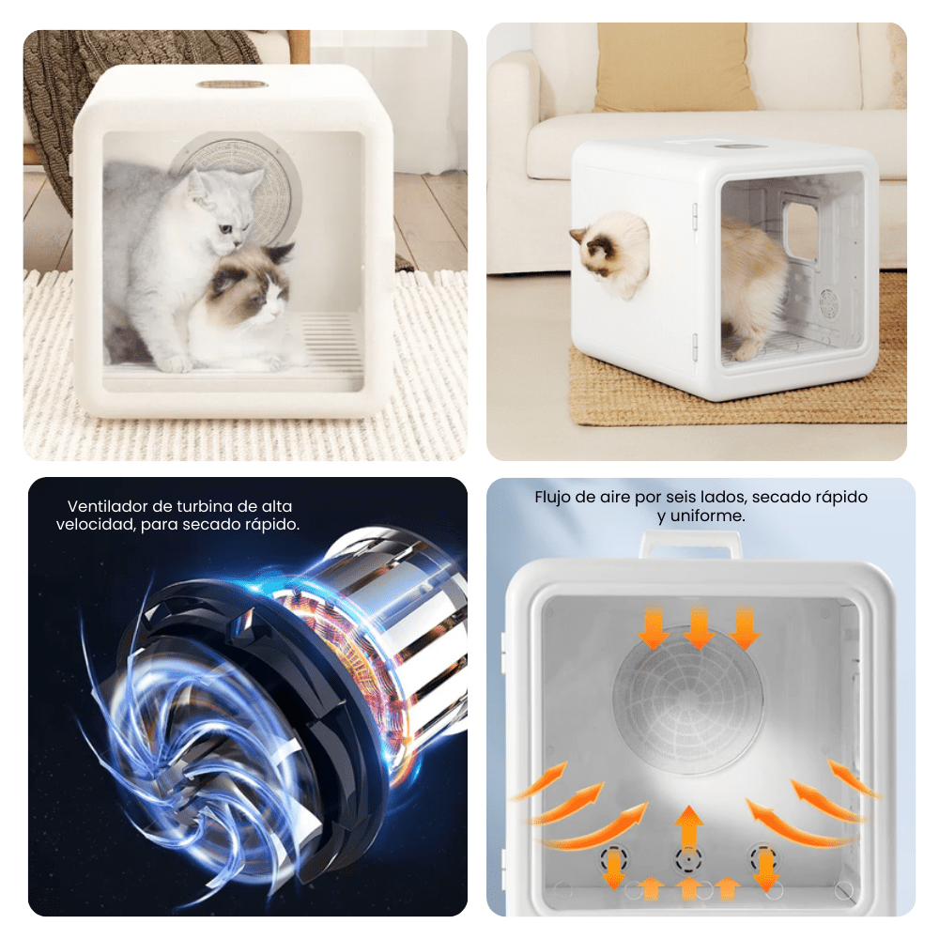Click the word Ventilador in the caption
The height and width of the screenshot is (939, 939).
click(107, 506)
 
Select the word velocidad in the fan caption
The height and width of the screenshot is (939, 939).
click(96, 525)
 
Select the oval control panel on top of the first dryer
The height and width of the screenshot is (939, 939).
click(232, 85)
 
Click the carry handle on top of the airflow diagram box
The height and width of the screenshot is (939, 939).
click(690, 543)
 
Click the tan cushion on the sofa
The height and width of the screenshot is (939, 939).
click(672, 66)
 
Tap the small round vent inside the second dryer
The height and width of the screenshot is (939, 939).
click(829, 299)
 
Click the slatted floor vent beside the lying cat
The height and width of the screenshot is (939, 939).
click(331, 342)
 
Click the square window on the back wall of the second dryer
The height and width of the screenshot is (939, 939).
click(801, 232)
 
